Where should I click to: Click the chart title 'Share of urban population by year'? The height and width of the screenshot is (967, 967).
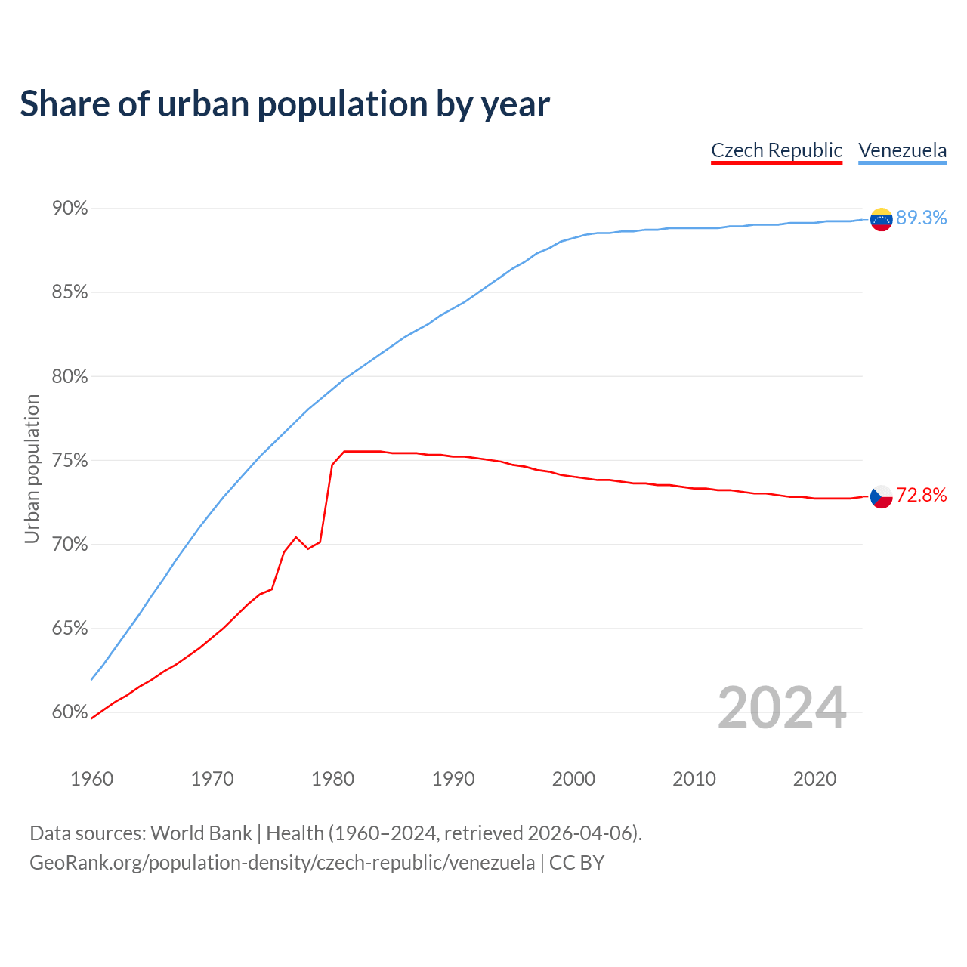click(x=285, y=104)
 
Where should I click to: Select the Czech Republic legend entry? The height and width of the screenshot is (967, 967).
click(x=777, y=150)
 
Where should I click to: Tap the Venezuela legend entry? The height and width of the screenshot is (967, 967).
click(x=902, y=150)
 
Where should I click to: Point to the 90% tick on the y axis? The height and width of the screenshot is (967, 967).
click(x=70, y=208)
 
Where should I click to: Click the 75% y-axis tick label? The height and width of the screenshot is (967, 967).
click(x=70, y=460)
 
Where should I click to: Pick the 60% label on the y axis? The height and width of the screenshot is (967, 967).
click(x=70, y=712)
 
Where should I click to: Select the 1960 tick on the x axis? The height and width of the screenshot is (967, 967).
click(x=92, y=779)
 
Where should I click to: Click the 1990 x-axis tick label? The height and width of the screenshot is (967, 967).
click(x=453, y=779)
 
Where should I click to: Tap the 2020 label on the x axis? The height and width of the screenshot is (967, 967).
click(x=814, y=779)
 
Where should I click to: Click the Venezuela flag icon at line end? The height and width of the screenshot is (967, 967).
click(x=882, y=219)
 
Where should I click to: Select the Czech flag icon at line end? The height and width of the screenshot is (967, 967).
click(x=882, y=496)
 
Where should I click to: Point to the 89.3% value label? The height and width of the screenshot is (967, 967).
click(x=921, y=218)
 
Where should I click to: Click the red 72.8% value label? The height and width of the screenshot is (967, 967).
click(x=921, y=495)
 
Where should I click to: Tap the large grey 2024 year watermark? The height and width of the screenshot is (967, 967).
click(x=782, y=708)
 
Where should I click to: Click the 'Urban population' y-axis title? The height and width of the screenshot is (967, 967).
click(x=32, y=468)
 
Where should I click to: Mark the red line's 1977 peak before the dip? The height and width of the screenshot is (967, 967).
click(x=296, y=537)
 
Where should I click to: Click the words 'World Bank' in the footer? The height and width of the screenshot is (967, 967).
click(x=201, y=833)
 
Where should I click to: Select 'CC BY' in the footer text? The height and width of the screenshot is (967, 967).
click(x=576, y=862)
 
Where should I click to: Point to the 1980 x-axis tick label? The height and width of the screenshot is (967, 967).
click(x=333, y=779)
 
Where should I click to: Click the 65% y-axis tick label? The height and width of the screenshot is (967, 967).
click(x=70, y=629)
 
